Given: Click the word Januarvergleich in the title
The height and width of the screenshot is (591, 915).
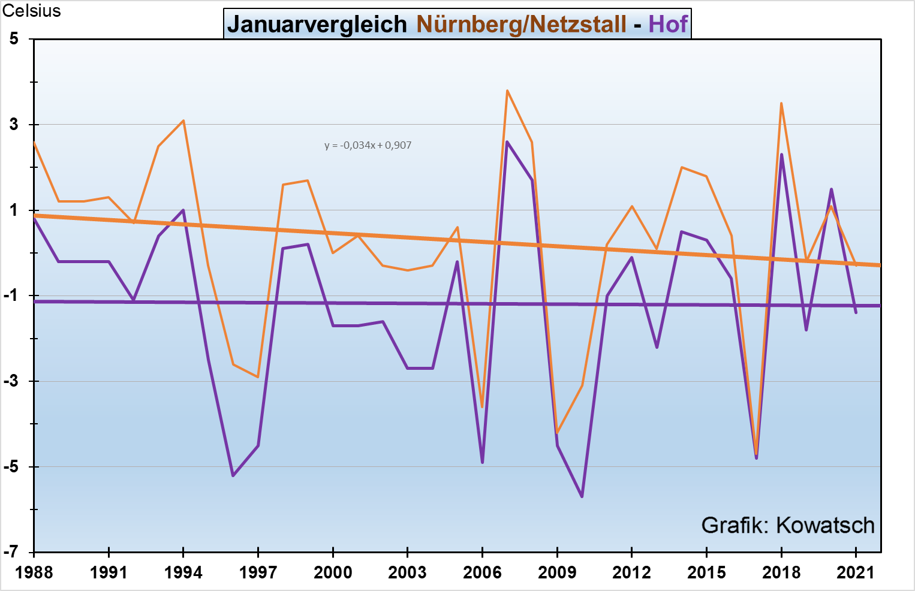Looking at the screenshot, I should (317, 25).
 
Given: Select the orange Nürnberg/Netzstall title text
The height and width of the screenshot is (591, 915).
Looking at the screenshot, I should (521, 25).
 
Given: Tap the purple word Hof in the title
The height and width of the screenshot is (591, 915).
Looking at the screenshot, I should (667, 25).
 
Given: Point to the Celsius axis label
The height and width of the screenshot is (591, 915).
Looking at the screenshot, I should (32, 11).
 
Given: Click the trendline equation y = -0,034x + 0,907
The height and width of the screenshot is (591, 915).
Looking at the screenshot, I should (368, 145).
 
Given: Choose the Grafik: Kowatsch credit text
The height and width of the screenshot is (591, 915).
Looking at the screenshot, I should (787, 525).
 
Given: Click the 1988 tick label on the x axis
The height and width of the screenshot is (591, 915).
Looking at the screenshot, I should (34, 572).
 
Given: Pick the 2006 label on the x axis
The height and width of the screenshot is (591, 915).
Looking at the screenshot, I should (482, 572).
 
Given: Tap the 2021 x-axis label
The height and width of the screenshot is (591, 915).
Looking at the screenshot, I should (856, 572).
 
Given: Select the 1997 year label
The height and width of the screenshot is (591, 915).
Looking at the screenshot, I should (258, 572).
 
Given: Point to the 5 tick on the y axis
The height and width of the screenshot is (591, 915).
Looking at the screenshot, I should (14, 39).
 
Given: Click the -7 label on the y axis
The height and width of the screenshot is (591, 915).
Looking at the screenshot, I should (11, 552).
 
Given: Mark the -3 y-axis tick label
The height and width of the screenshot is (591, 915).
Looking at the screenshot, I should (11, 381).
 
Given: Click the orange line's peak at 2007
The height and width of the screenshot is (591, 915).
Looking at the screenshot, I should (507, 91).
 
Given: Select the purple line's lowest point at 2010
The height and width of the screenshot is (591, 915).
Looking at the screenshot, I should (582, 496).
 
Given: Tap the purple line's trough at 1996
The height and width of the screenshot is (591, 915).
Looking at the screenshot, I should (233, 475).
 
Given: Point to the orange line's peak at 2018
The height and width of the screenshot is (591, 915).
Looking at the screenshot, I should (781, 103).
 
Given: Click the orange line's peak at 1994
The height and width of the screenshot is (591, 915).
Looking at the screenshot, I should (183, 120).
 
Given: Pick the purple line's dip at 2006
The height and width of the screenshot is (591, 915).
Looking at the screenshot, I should (482, 462).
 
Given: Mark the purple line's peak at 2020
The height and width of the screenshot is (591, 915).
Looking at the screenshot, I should (831, 189).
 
